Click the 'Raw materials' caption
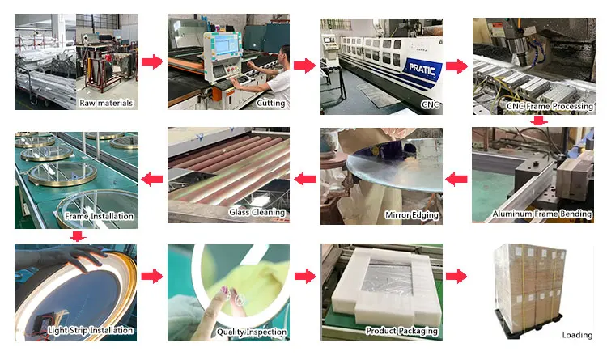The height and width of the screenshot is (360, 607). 106,103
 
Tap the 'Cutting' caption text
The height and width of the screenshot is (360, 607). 270,104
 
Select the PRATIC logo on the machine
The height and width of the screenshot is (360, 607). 422,70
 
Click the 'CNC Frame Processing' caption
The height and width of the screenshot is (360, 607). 550,106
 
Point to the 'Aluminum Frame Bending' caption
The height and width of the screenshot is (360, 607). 542,214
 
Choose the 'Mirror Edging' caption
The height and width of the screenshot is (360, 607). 411,215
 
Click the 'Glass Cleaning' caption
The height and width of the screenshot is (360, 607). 257,212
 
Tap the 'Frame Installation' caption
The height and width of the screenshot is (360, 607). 99,216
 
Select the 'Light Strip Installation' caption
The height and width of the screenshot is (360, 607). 90,330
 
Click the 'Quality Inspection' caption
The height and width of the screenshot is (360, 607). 251,332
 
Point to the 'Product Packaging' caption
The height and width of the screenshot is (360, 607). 401,331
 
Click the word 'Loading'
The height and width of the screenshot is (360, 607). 577,335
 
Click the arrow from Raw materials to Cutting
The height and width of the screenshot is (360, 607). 152,61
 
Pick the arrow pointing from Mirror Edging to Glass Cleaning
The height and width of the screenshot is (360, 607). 305,180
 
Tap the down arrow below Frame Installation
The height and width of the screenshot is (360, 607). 78,236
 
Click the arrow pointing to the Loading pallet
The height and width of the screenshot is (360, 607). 456,277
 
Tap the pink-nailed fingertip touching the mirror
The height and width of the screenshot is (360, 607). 223,290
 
